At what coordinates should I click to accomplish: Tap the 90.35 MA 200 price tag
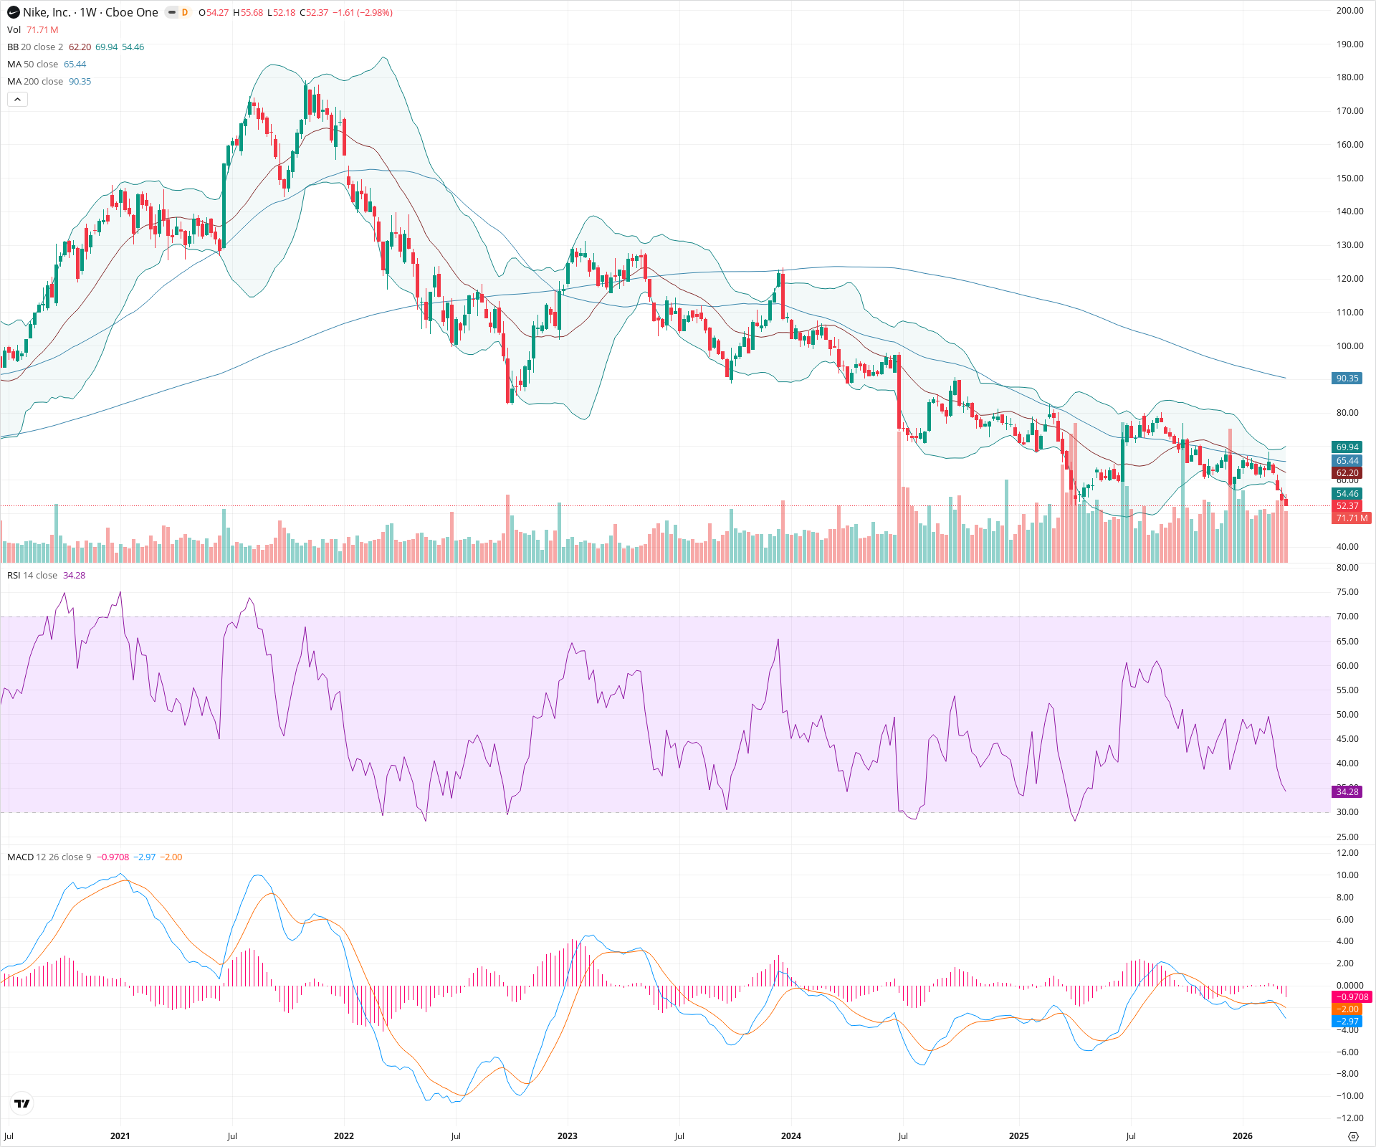pos(1347,379)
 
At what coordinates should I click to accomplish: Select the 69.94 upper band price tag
pos(1347,447)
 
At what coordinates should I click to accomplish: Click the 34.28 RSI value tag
pos(1347,791)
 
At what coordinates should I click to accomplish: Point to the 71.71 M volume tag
pos(1350,518)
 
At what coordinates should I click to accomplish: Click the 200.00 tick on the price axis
pos(1349,11)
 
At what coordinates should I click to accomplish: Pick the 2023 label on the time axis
pos(567,1136)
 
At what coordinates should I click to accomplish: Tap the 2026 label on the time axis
pos(1242,1136)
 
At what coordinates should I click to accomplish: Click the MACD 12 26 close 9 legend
pos(49,857)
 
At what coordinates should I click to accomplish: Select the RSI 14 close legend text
pos(32,576)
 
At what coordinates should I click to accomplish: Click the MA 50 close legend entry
pos(32,65)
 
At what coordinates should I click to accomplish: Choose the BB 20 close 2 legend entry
pos(35,47)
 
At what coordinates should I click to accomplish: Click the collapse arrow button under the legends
pos(17,100)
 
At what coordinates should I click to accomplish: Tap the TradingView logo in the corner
pos(22,1103)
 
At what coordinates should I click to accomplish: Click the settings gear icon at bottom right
pos(1353,1136)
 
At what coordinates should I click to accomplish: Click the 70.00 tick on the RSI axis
pos(1347,617)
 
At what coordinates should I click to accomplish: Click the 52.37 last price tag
pos(1347,506)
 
